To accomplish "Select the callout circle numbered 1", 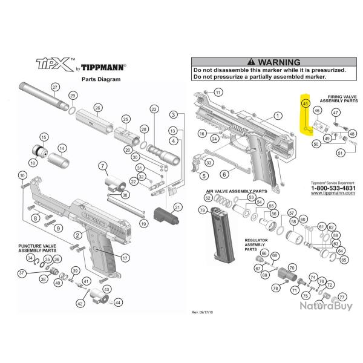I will [278, 115].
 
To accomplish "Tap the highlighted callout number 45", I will [306, 104].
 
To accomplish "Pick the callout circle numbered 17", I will [125, 257].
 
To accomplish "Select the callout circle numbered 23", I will [154, 109].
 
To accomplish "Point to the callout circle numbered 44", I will [117, 302].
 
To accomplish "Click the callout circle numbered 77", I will [342, 297].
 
